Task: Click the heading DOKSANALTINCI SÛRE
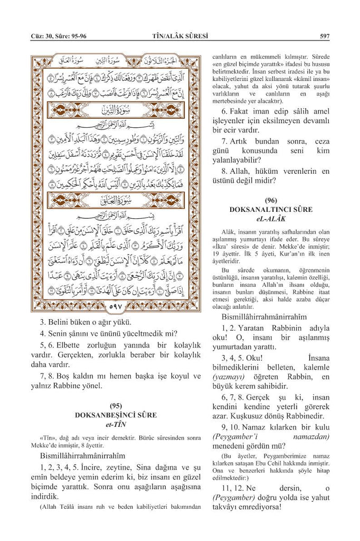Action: [271, 210]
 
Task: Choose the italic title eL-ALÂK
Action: [271, 219]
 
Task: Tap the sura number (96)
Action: [271, 201]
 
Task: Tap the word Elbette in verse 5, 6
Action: [78, 344]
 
